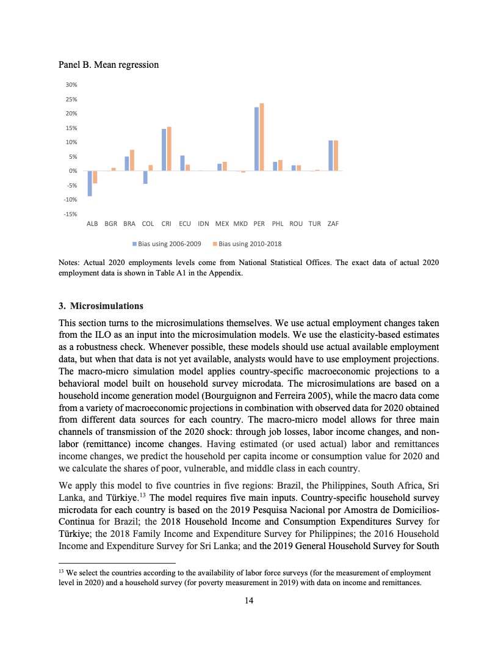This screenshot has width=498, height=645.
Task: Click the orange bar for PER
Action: click(x=262, y=137)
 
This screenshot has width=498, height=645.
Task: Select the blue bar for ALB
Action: click(x=90, y=183)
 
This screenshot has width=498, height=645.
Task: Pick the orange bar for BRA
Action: click(x=132, y=160)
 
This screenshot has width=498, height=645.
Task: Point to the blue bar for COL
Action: click(x=145, y=177)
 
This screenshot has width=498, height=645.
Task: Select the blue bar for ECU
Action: click(x=182, y=163)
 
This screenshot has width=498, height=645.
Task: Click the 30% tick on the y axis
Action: click(x=71, y=85)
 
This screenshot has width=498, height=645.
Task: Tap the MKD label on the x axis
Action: click(x=240, y=224)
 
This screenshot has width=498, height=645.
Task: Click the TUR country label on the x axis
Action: click(x=314, y=224)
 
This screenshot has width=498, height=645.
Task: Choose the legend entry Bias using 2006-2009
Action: click(x=167, y=244)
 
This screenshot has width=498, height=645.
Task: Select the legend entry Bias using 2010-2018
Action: click(x=247, y=244)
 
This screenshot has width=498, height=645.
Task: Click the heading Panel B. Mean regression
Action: click(x=108, y=64)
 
